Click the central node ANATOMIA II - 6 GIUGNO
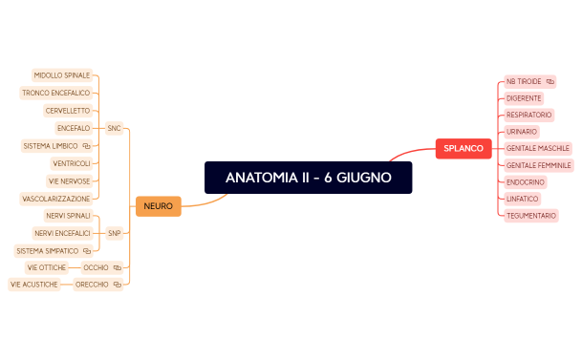[x=308, y=178]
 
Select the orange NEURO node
[x=158, y=205]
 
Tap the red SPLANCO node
[x=463, y=148]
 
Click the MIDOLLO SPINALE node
[x=62, y=74]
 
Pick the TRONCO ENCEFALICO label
[x=55, y=93]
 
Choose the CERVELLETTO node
[x=67, y=111]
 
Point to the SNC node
[x=114, y=127]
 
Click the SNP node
[x=114, y=233]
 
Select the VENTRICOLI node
[x=72, y=163]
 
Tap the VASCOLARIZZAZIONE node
[x=55, y=199]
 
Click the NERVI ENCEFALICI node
[x=62, y=233]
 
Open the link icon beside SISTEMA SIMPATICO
[x=87, y=251]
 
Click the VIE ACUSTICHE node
[x=34, y=285]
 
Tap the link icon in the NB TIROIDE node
[x=550, y=82]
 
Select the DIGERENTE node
[x=524, y=98]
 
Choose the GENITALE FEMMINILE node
[x=538, y=165]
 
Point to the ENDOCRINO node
[x=526, y=181]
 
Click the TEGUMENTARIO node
[x=530, y=216]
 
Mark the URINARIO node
[x=522, y=132]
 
